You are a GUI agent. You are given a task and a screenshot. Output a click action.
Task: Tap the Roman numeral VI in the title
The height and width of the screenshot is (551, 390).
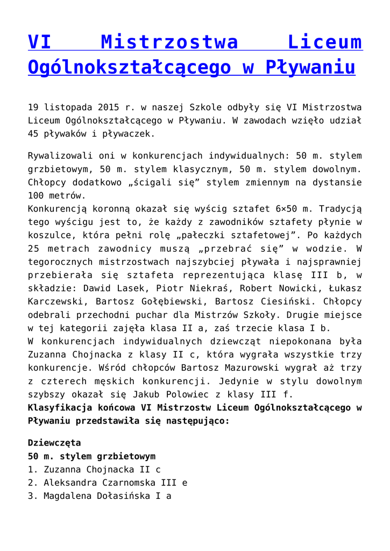pos(40,42)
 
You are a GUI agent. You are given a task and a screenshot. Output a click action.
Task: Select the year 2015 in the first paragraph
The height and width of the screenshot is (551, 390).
pos(109,107)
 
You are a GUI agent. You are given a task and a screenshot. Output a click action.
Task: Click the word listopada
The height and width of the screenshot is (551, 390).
pos(69,107)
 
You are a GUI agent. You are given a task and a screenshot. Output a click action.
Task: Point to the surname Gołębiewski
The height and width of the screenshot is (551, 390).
pos(167,302)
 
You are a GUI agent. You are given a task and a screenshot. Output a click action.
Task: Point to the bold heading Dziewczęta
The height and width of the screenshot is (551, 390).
pos(54,443)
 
